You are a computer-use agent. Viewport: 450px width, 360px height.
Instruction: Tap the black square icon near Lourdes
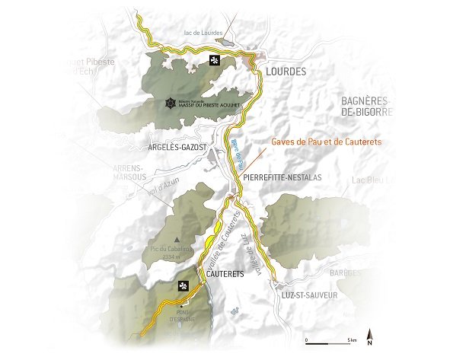point(214,60)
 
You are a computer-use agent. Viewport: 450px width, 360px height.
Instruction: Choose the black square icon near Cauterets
point(183,286)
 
